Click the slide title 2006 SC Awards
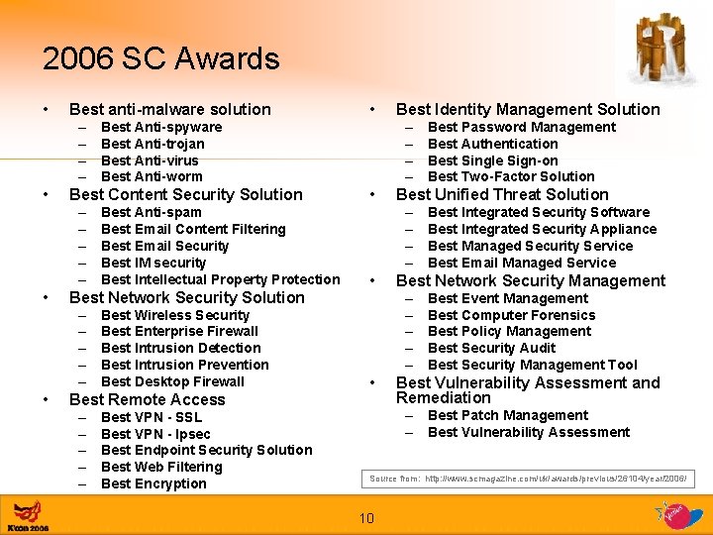point(160,59)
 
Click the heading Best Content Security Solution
point(186,195)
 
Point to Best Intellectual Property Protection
point(220,279)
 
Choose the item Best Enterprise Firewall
point(179,331)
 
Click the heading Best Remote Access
point(148,399)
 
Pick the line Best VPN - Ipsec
point(155,434)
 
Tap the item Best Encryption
point(153,483)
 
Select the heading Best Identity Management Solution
point(528,109)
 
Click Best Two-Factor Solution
point(511,176)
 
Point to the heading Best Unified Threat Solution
point(502,194)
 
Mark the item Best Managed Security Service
point(530,246)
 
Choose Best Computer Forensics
point(511,315)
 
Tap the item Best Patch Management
point(507,415)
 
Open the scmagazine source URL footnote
point(528,480)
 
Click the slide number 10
point(365,518)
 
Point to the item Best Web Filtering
point(161,467)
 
